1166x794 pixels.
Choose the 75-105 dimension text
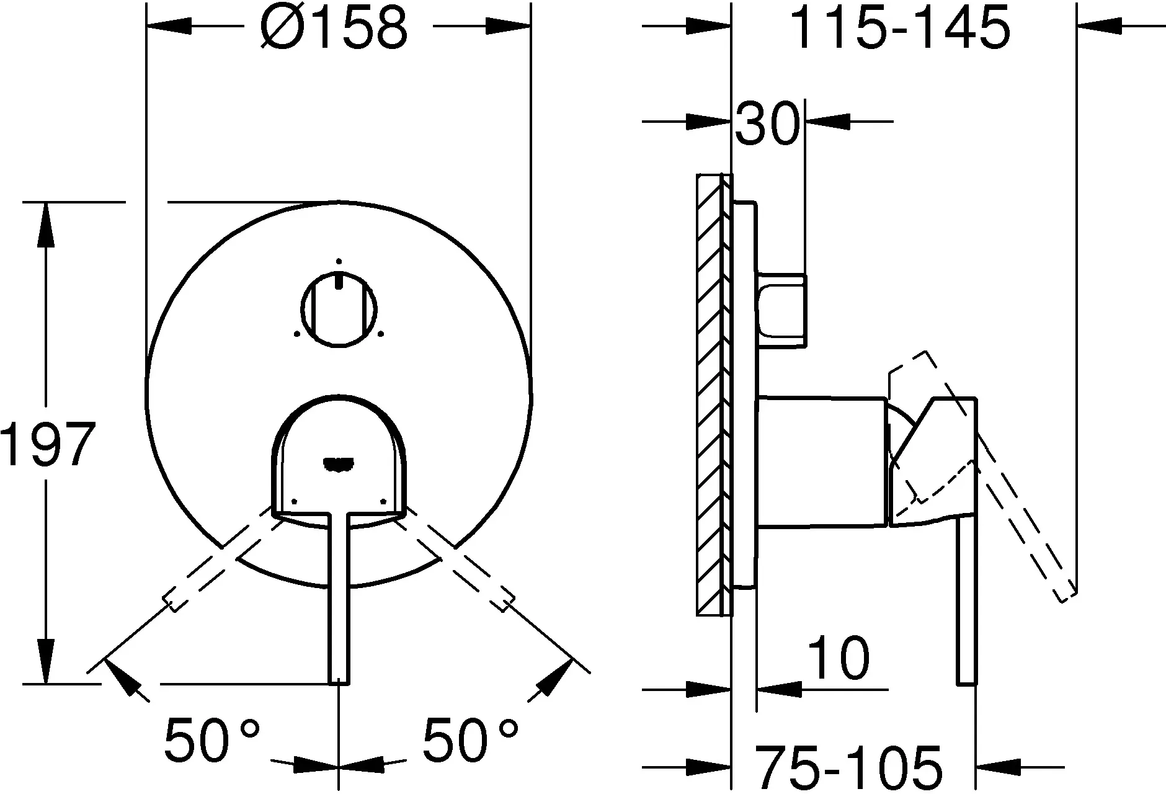point(850,767)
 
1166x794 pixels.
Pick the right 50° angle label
point(470,739)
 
